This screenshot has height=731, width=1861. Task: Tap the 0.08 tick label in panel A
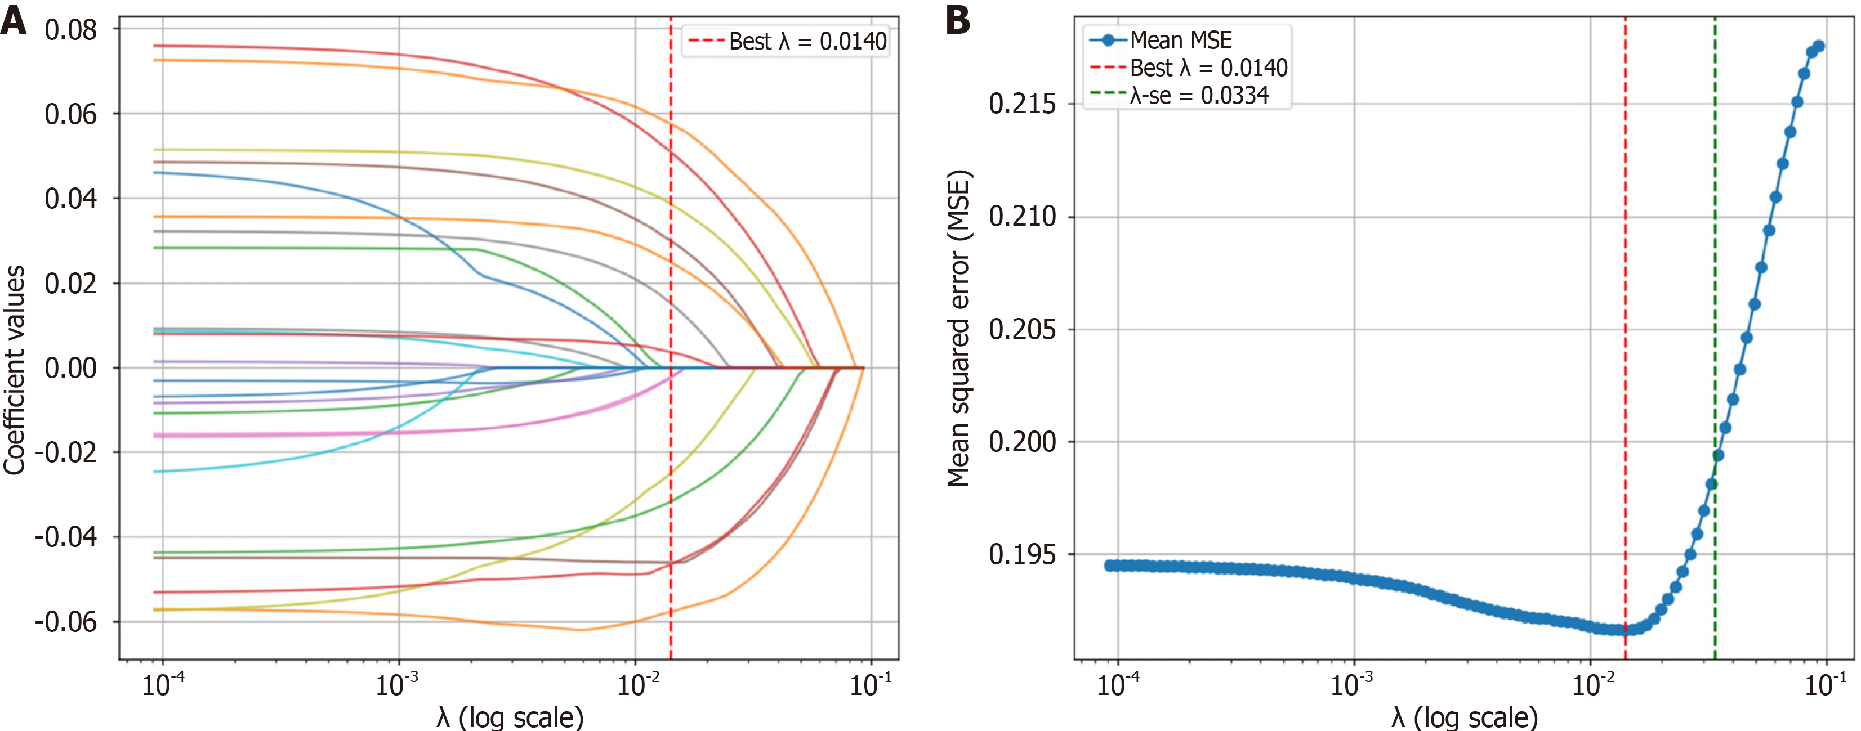pos(70,30)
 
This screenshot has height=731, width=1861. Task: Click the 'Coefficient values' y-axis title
pos(15,370)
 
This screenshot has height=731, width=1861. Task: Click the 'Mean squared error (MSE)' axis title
pos(959,329)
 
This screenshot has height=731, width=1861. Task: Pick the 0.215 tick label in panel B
pos(1021,104)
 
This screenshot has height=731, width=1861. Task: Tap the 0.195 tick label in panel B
pos(1021,554)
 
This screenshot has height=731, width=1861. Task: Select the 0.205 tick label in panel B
pos(1021,329)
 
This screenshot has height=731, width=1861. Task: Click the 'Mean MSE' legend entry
pos(1180,40)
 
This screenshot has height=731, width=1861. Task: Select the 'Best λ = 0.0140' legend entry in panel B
pos(1208,67)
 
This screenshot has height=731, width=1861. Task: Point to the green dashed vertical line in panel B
pos(1715,289)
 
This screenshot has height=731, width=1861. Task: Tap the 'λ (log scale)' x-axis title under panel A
pos(510,716)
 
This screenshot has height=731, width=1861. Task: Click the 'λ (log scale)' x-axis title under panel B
pos(1465,716)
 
